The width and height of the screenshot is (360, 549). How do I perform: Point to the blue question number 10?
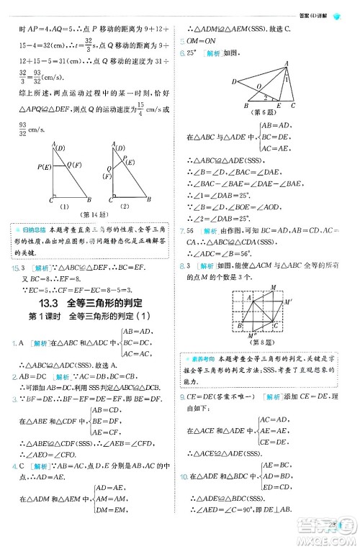click(184, 476)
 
